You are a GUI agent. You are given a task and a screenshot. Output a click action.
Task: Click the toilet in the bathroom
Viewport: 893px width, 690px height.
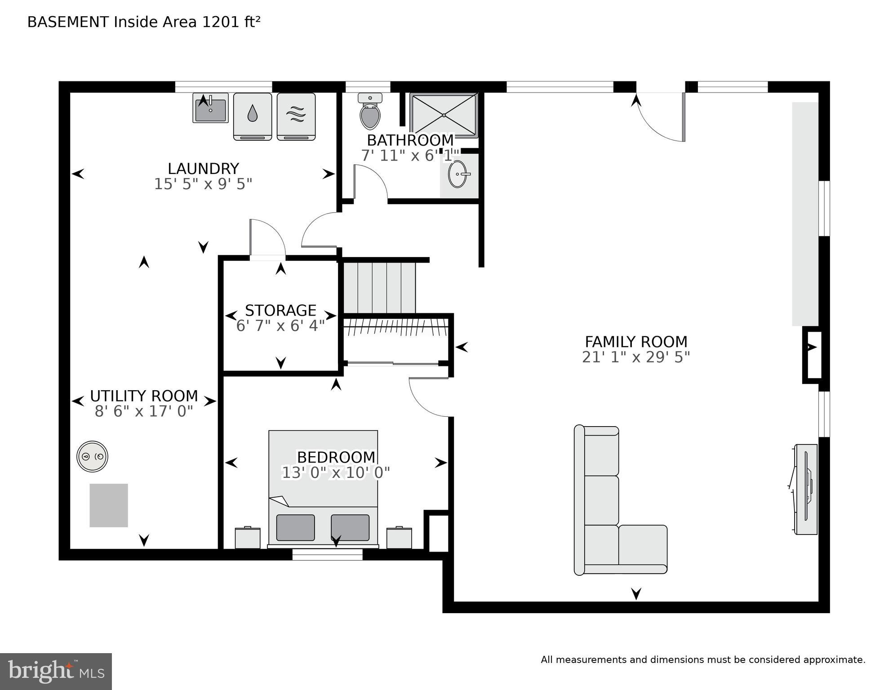[x=370, y=112]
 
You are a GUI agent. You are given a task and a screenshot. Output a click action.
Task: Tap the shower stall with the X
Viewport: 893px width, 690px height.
[x=444, y=115]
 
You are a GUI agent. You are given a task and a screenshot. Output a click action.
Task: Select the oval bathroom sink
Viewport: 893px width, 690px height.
[x=458, y=174]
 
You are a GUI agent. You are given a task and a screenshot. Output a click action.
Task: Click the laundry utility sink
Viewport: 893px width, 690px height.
[x=210, y=108]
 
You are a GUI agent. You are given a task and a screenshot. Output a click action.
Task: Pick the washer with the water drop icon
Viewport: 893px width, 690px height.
[x=253, y=116]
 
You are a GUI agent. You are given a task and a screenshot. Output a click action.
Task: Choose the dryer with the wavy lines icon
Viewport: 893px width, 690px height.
[x=296, y=116]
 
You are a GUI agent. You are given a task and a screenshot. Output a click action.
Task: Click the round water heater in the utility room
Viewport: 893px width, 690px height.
[x=92, y=456]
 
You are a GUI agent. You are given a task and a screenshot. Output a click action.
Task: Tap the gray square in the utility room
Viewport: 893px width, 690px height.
[x=109, y=505]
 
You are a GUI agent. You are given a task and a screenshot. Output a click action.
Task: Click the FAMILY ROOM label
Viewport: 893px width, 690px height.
[x=635, y=342]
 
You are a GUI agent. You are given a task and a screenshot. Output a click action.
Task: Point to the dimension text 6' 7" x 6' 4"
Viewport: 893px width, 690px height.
[x=280, y=325]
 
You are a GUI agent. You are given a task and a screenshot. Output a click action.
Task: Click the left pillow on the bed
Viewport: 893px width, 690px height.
[x=295, y=527]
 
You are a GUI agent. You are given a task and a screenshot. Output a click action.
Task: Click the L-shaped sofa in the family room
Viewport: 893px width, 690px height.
[x=602, y=517]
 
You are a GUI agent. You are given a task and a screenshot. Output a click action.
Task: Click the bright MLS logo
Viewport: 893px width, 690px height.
[x=56, y=672]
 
